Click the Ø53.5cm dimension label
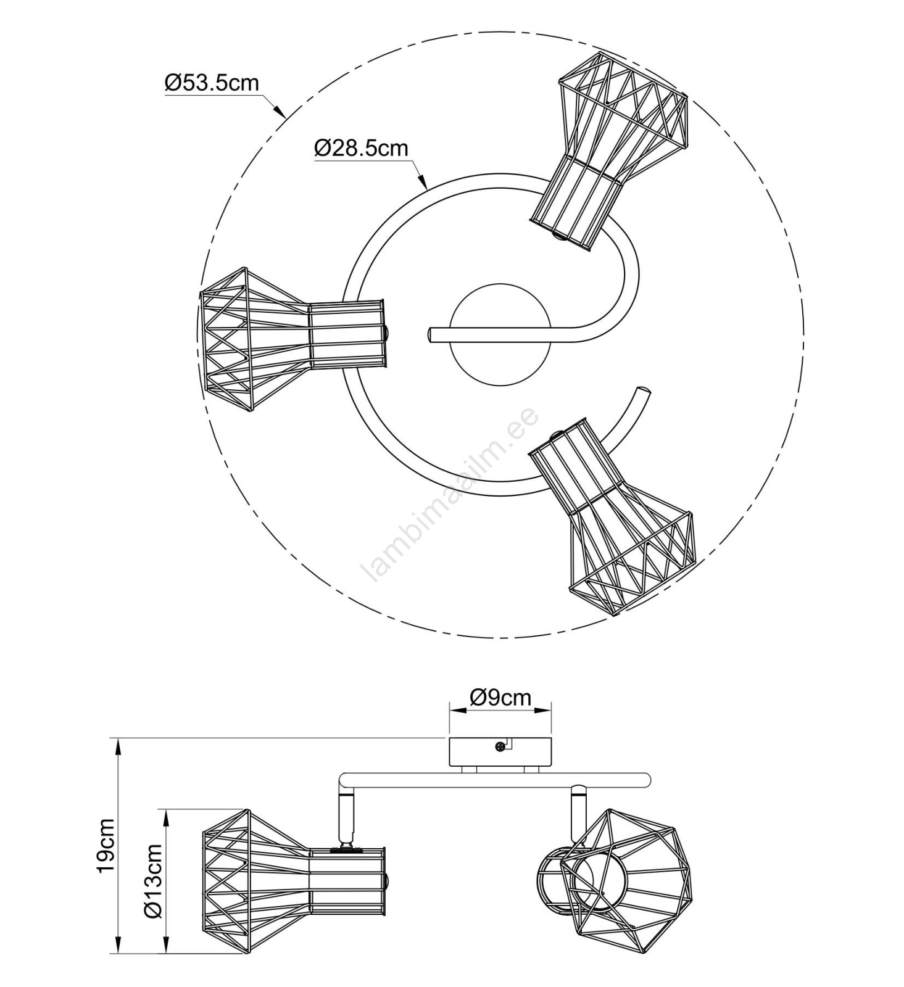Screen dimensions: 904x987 pos(212,83)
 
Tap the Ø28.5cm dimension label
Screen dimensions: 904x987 pos(361,148)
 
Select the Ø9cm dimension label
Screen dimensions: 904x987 pos(500,697)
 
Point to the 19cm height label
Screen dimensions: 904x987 pos(106,845)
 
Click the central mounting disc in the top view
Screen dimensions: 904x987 pos(500,336)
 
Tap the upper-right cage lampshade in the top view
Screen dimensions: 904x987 pos(610,151)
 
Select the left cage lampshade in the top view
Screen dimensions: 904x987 pos(293,340)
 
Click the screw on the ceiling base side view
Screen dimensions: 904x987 pos(499,747)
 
